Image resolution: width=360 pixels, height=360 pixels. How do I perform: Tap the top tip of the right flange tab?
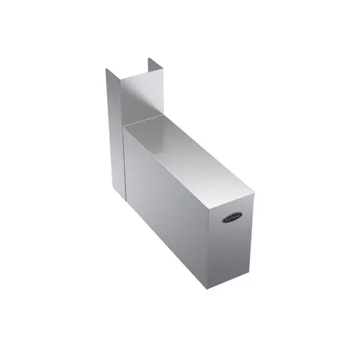click(x=149, y=57)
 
